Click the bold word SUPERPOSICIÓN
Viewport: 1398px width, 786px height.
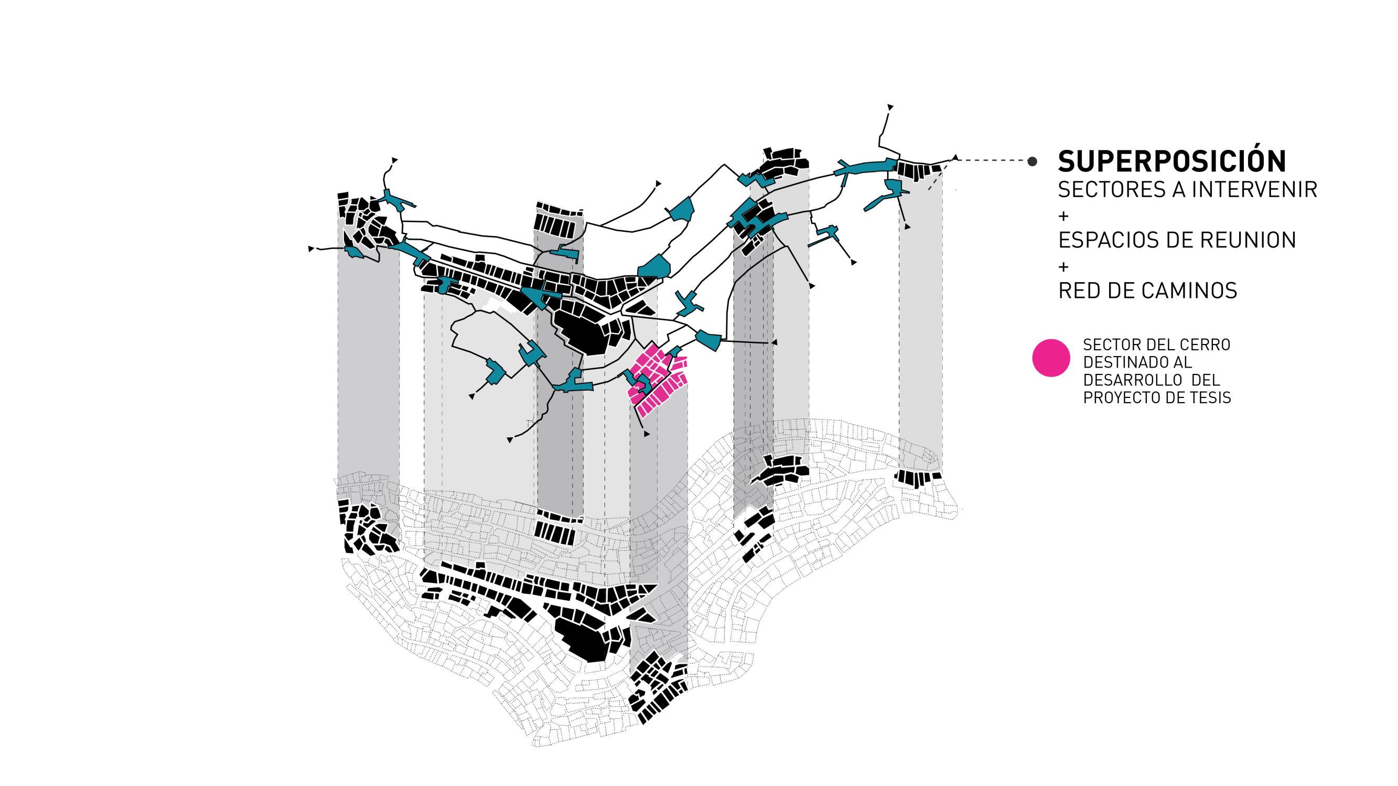(x=1171, y=161)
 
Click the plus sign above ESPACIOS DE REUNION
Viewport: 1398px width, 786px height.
(x=1063, y=216)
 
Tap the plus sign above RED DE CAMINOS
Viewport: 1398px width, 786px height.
(x=1063, y=266)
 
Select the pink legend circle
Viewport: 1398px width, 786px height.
(x=1051, y=358)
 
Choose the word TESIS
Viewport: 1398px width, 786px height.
(x=1211, y=398)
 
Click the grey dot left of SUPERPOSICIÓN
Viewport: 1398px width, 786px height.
(x=1032, y=161)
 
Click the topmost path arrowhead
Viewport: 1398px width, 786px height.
(x=890, y=107)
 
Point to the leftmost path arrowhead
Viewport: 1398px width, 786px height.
(x=311, y=249)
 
